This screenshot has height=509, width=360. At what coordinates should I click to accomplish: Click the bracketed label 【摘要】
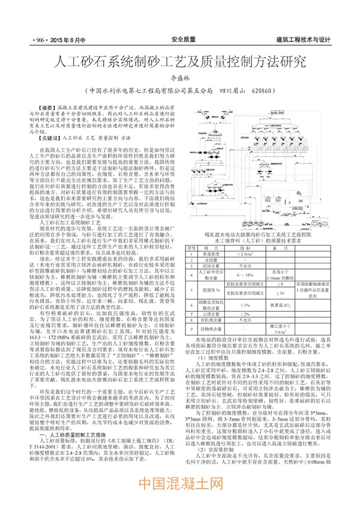point(47,106)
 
